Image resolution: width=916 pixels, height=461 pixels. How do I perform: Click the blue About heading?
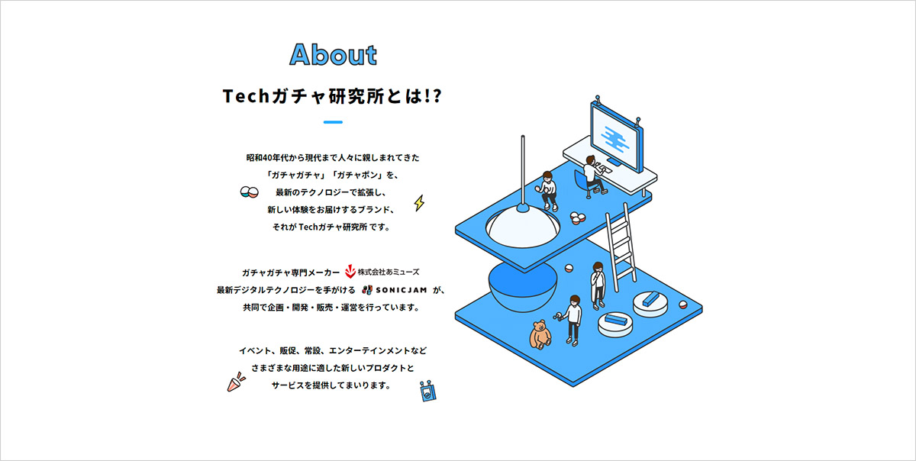pyautogui.click(x=333, y=55)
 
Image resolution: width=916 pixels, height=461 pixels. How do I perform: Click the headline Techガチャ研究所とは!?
pyautogui.click(x=332, y=96)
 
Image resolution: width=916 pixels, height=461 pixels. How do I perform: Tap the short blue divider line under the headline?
pyautogui.click(x=333, y=122)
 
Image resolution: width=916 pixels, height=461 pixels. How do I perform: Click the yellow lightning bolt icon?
pyautogui.click(x=419, y=203)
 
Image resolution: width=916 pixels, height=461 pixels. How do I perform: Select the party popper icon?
pyautogui.click(x=236, y=382)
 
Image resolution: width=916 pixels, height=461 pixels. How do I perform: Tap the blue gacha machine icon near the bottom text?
pyautogui.click(x=428, y=391)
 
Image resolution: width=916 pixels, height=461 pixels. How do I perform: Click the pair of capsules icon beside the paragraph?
pyautogui.click(x=250, y=192)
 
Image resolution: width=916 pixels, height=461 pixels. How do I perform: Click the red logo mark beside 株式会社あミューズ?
pyautogui.click(x=350, y=271)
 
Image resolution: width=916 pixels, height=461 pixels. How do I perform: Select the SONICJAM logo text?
pyautogui.click(x=402, y=290)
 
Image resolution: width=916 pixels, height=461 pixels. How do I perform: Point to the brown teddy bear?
pyautogui.click(x=540, y=334)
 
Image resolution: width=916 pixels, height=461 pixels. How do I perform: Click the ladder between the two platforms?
pyautogui.click(x=621, y=247)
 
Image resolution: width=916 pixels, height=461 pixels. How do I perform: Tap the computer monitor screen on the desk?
pyautogui.click(x=614, y=138)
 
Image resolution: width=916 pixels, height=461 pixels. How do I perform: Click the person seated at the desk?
pyautogui.click(x=593, y=175)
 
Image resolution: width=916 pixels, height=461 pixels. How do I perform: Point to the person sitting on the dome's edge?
pyautogui.click(x=547, y=191)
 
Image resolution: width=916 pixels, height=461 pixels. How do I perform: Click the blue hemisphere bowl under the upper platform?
pyautogui.click(x=523, y=286)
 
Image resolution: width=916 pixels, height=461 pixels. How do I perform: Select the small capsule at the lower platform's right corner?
pyautogui.click(x=682, y=305)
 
